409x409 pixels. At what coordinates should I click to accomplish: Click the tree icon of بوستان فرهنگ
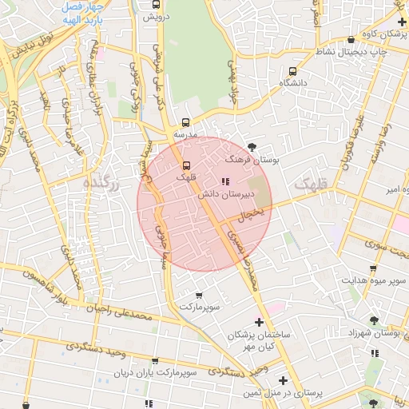point(253,145)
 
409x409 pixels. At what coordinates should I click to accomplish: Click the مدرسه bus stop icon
point(185,123)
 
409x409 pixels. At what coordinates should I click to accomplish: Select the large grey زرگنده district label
point(104,185)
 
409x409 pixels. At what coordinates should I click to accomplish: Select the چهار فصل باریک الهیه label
point(84,9)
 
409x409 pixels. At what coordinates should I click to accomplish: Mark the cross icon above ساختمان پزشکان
point(258,322)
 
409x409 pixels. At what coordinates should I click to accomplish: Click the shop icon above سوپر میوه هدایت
point(373,268)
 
